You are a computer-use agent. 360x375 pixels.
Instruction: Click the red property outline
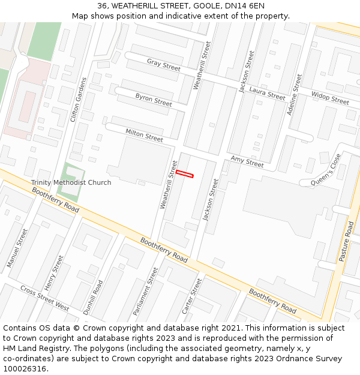(x=185, y=174)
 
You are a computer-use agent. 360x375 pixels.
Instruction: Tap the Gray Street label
(x=164, y=65)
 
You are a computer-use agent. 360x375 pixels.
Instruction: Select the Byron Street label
(x=154, y=100)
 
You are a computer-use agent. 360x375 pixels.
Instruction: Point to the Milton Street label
(x=144, y=135)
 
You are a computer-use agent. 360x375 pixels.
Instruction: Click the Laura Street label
(x=267, y=94)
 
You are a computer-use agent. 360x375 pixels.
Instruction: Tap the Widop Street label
(x=330, y=98)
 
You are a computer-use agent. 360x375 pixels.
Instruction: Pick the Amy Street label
(x=247, y=161)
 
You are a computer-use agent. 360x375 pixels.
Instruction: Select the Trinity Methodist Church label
(x=71, y=182)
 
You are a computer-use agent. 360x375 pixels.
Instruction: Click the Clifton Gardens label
(x=79, y=100)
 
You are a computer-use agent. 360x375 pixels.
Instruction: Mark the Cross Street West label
(x=44, y=298)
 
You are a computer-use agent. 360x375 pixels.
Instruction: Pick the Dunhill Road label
(x=94, y=298)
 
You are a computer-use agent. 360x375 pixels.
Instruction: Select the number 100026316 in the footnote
(x=25, y=369)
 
